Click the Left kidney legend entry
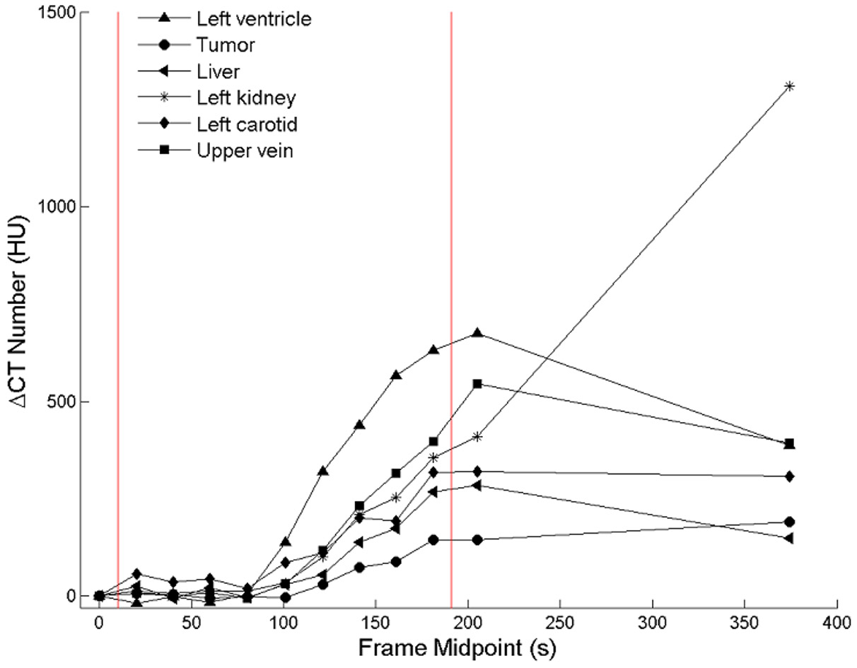[x=246, y=98]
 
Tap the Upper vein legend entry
[x=245, y=150]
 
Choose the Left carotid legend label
[x=247, y=124]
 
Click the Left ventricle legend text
[x=254, y=20]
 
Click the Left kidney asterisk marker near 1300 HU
[x=789, y=86]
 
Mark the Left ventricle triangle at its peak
[x=477, y=332]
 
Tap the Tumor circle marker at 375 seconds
[x=789, y=522]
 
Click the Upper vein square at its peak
[x=477, y=383]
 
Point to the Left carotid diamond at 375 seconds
[x=789, y=476]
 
